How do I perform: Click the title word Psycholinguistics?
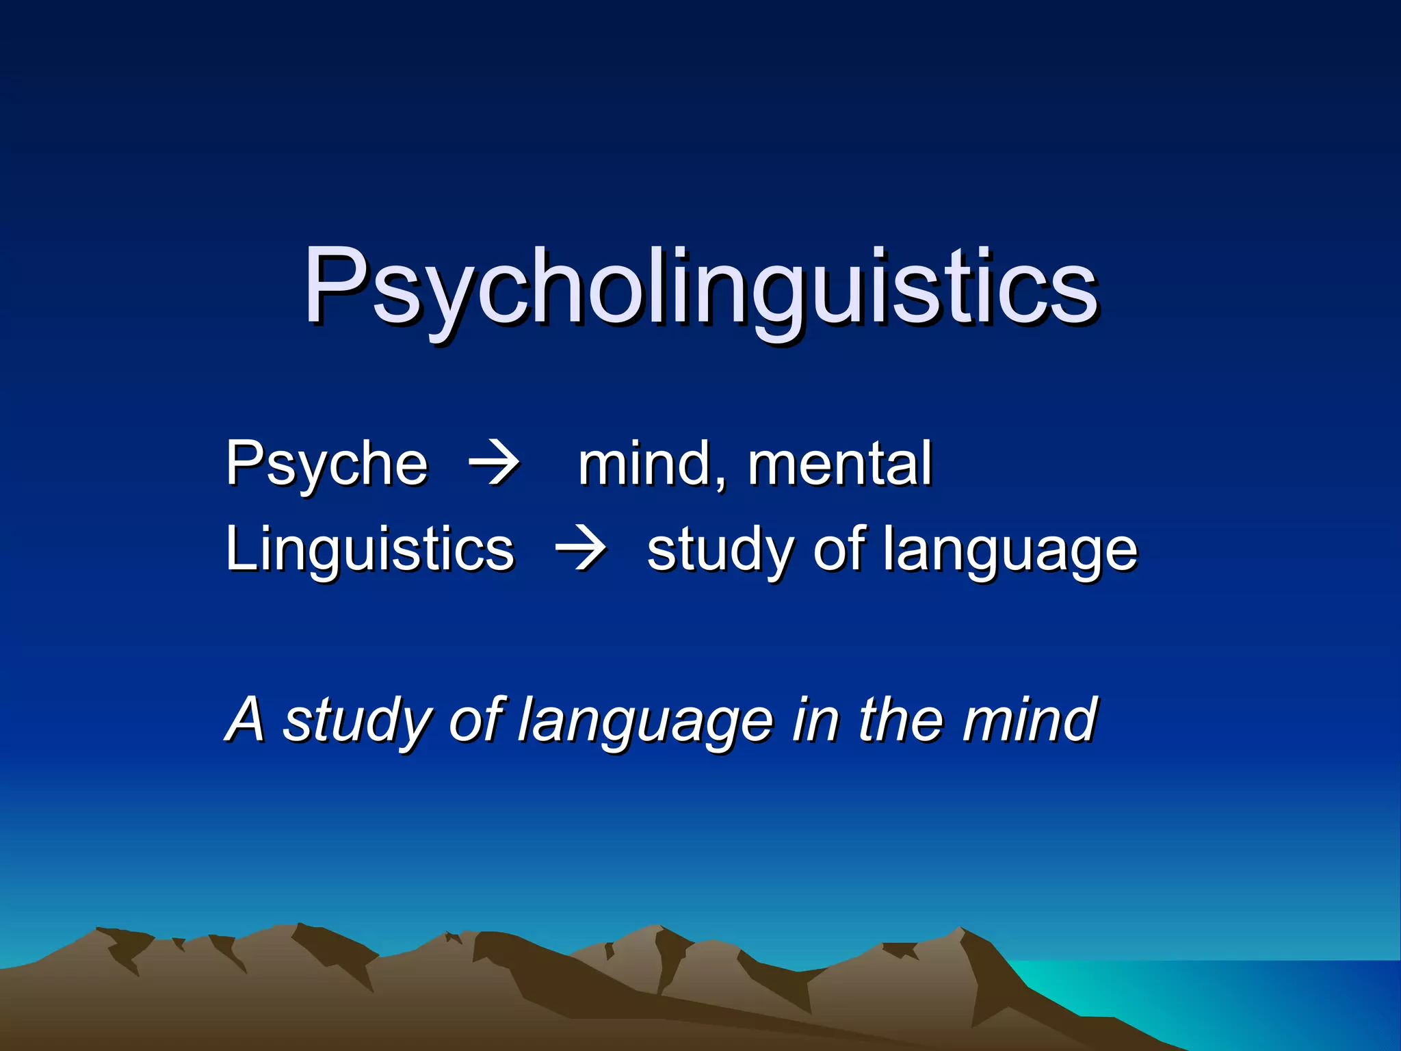click(700, 287)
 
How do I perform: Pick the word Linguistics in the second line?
click(369, 549)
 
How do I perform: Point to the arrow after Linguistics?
click(581, 549)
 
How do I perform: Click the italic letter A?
click(245, 720)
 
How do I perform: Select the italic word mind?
click(1029, 720)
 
